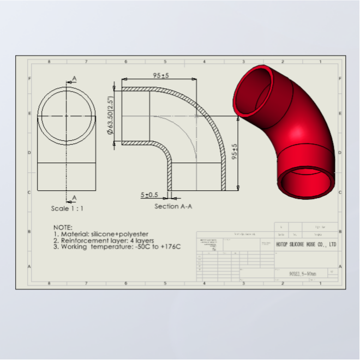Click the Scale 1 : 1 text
(68, 208)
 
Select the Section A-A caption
(173, 206)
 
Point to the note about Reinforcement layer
(104, 240)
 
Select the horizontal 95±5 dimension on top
(160, 76)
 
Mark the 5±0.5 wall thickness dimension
(149, 195)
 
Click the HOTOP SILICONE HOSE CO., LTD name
(306, 245)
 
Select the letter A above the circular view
(74, 79)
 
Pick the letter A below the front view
(74, 197)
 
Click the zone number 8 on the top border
(49, 62)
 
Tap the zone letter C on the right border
(340, 192)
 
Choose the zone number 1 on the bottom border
(320, 283)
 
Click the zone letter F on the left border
(29, 78)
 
